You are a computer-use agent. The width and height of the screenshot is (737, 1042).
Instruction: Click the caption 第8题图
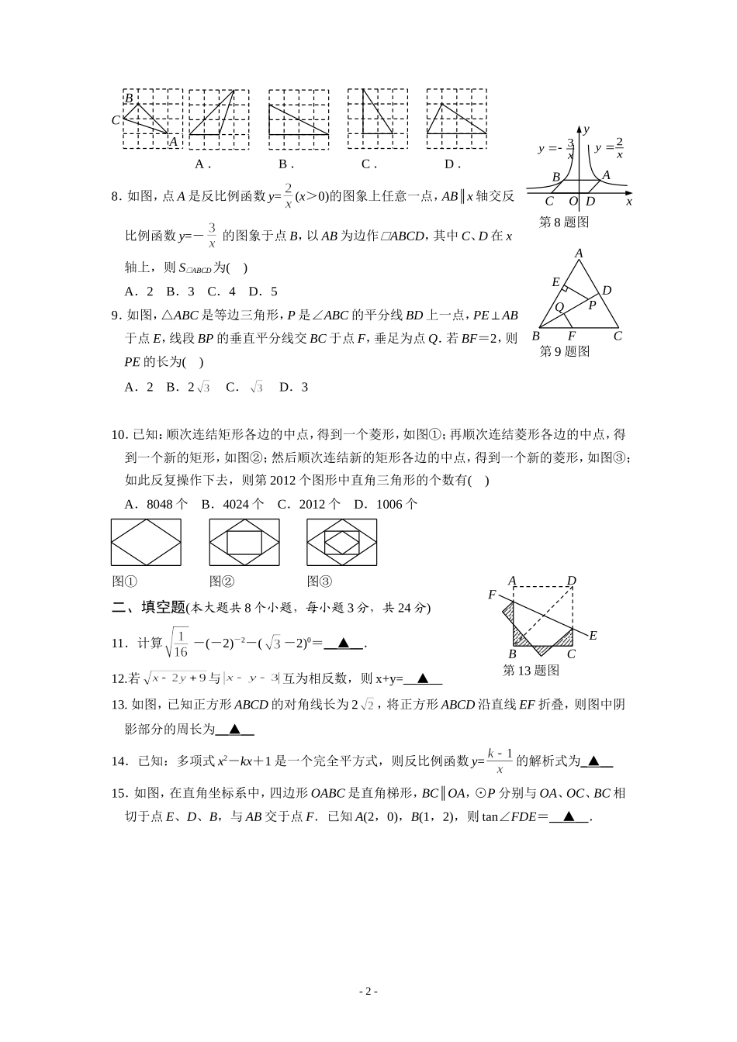(564, 222)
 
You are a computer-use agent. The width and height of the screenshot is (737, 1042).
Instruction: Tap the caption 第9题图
(565, 351)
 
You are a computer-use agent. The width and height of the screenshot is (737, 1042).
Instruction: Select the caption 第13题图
(531, 670)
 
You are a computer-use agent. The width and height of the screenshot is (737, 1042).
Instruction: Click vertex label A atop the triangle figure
(579, 254)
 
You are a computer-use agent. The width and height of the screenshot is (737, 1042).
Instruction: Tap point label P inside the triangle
(591, 305)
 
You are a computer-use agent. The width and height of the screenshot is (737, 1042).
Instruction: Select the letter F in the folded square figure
(492, 595)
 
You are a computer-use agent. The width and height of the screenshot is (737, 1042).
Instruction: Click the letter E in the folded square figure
(593, 636)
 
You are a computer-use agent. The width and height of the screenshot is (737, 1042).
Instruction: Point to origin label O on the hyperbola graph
(573, 202)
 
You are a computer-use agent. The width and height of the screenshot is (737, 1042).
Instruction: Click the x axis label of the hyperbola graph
(628, 202)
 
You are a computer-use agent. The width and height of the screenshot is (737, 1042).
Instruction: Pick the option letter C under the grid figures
(368, 164)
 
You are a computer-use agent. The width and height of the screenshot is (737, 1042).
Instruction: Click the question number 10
(119, 434)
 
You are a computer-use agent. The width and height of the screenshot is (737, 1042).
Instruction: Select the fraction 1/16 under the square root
(180, 642)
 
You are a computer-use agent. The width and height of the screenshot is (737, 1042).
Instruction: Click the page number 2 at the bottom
(368, 991)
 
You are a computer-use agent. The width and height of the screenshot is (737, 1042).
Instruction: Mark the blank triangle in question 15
(569, 816)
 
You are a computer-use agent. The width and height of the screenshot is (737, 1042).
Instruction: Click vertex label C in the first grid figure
(116, 120)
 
